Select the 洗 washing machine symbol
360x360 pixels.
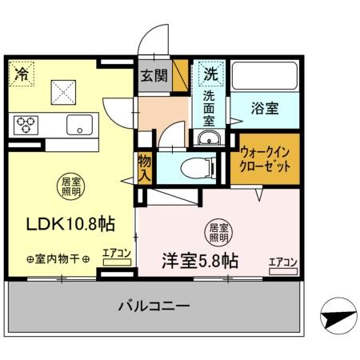point(210,74)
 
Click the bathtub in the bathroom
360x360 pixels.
point(264,78)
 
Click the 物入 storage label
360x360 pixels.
point(144,167)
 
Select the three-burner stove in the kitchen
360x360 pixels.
point(26,123)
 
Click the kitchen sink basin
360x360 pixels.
point(79,124)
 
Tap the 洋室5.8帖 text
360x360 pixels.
point(199,261)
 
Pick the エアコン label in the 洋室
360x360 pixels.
point(283,261)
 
